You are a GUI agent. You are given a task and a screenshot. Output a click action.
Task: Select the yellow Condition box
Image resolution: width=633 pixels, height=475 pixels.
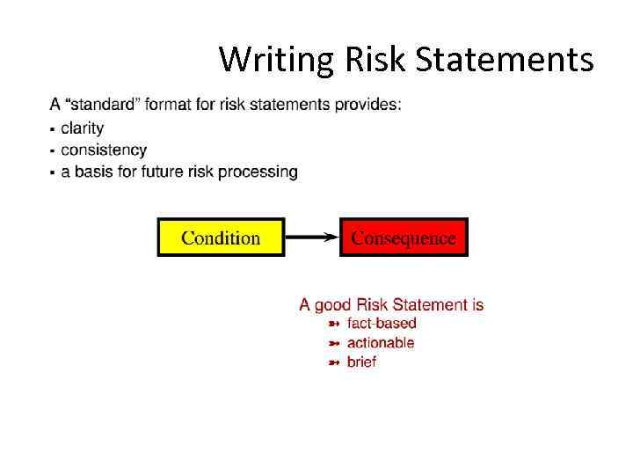coord(221,237)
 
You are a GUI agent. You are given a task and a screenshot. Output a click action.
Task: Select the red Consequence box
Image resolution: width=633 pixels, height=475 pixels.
coord(404,237)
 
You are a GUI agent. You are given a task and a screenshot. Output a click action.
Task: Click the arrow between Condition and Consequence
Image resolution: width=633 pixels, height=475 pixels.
coord(312,237)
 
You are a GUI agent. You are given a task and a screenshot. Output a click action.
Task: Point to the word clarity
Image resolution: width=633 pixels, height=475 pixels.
coord(83,128)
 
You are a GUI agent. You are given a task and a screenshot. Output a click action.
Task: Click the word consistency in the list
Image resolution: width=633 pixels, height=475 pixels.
coord(104,150)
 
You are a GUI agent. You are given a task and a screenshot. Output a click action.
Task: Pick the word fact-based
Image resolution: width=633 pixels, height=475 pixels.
coord(382,324)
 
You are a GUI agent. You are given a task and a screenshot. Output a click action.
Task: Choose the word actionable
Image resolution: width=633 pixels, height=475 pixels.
coord(381,343)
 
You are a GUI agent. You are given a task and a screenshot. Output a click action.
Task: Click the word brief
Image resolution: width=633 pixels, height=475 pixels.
coord(361,362)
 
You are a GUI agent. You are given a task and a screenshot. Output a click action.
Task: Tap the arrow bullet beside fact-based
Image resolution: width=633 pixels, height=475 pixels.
coord(334,325)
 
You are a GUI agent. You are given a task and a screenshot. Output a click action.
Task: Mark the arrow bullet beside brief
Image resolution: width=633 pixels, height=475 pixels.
coord(334,362)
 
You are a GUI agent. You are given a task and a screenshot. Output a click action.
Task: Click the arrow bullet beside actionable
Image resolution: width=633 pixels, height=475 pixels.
coord(334,343)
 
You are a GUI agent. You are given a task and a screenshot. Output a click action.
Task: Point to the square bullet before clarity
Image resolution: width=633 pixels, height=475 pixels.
coord(54,130)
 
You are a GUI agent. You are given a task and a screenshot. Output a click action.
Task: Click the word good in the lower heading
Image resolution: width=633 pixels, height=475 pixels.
coord(333,305)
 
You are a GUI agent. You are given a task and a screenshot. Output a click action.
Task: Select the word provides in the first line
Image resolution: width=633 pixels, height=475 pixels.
coord(372,105)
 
